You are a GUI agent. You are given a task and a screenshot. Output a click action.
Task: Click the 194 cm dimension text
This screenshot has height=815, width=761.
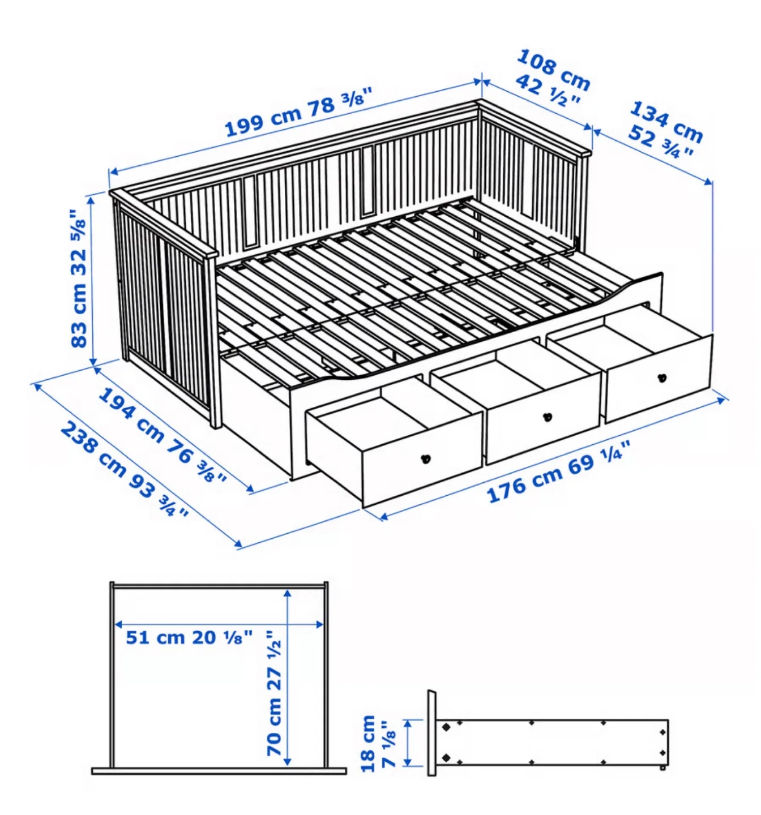pos(131,415)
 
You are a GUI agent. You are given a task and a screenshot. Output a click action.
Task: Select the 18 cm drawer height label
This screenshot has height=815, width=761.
pos(368,743)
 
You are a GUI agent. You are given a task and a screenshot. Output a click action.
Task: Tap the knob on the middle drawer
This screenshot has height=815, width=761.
pos(547,417)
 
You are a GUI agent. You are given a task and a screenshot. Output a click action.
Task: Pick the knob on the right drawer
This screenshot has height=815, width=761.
pos(661,378)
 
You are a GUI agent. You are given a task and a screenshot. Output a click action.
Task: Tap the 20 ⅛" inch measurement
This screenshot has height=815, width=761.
pos(222,637)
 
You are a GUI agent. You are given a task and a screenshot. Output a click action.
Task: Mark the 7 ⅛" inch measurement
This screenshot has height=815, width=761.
pos(390,744)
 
